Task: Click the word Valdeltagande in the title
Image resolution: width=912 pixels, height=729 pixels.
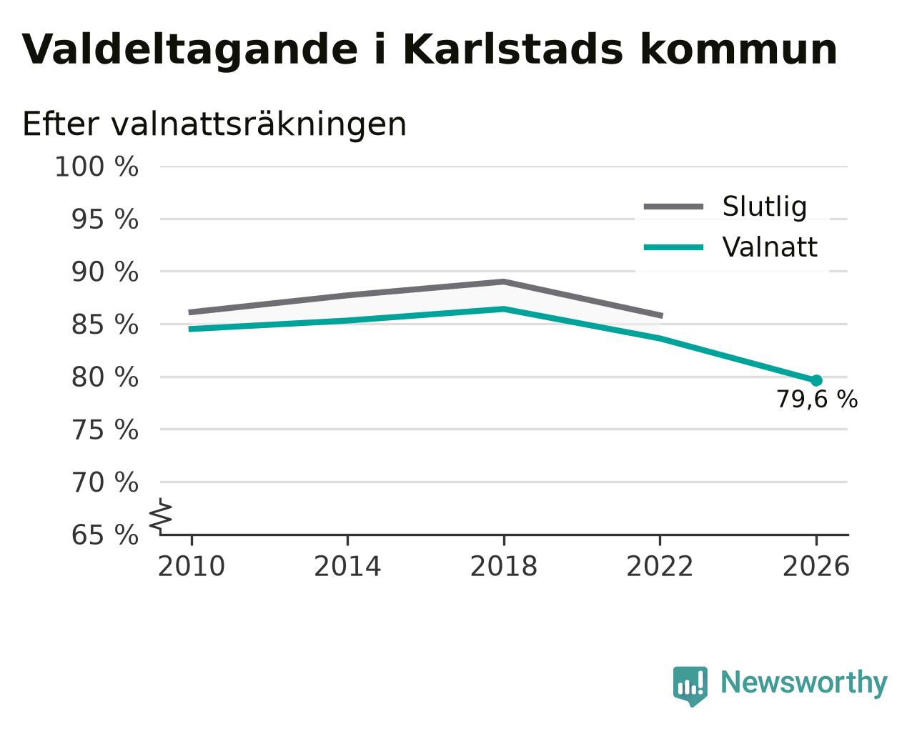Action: pos(190,51)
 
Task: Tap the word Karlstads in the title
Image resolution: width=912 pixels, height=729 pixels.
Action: pos(512,49)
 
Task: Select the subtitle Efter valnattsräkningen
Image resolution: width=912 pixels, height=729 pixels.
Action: pos(214,124)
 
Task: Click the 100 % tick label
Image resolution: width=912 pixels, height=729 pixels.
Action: pos(96,167)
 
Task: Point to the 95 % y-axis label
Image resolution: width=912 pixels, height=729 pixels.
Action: pos(104,219)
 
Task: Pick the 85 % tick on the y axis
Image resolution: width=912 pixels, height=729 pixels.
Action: pos(104,324)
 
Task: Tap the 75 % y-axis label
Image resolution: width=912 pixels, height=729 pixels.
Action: pos(104,430)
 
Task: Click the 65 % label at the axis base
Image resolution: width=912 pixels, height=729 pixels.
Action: pos(104,535)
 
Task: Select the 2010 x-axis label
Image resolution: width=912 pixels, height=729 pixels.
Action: pos(191,566)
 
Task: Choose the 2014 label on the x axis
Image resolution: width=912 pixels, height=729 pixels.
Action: pos(347,566)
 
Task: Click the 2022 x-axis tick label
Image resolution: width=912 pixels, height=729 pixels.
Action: pos(660,566)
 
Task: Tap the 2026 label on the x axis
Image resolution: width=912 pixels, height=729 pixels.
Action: pos(816,566)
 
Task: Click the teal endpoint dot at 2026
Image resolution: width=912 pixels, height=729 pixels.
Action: pos(816,381)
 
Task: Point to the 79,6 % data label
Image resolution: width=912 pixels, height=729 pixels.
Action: pos(817,400)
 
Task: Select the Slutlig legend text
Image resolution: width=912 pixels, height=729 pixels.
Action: pos(765,207)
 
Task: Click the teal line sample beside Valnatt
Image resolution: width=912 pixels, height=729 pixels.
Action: pos(673,247)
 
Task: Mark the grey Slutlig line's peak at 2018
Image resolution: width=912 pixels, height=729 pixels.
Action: pos(503,282)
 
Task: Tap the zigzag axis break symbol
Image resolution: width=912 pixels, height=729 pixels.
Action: pos(161,517)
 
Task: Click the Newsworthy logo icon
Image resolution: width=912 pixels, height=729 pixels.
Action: pos(690,683)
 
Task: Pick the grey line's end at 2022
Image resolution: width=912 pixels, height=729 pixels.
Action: pos(662,316)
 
